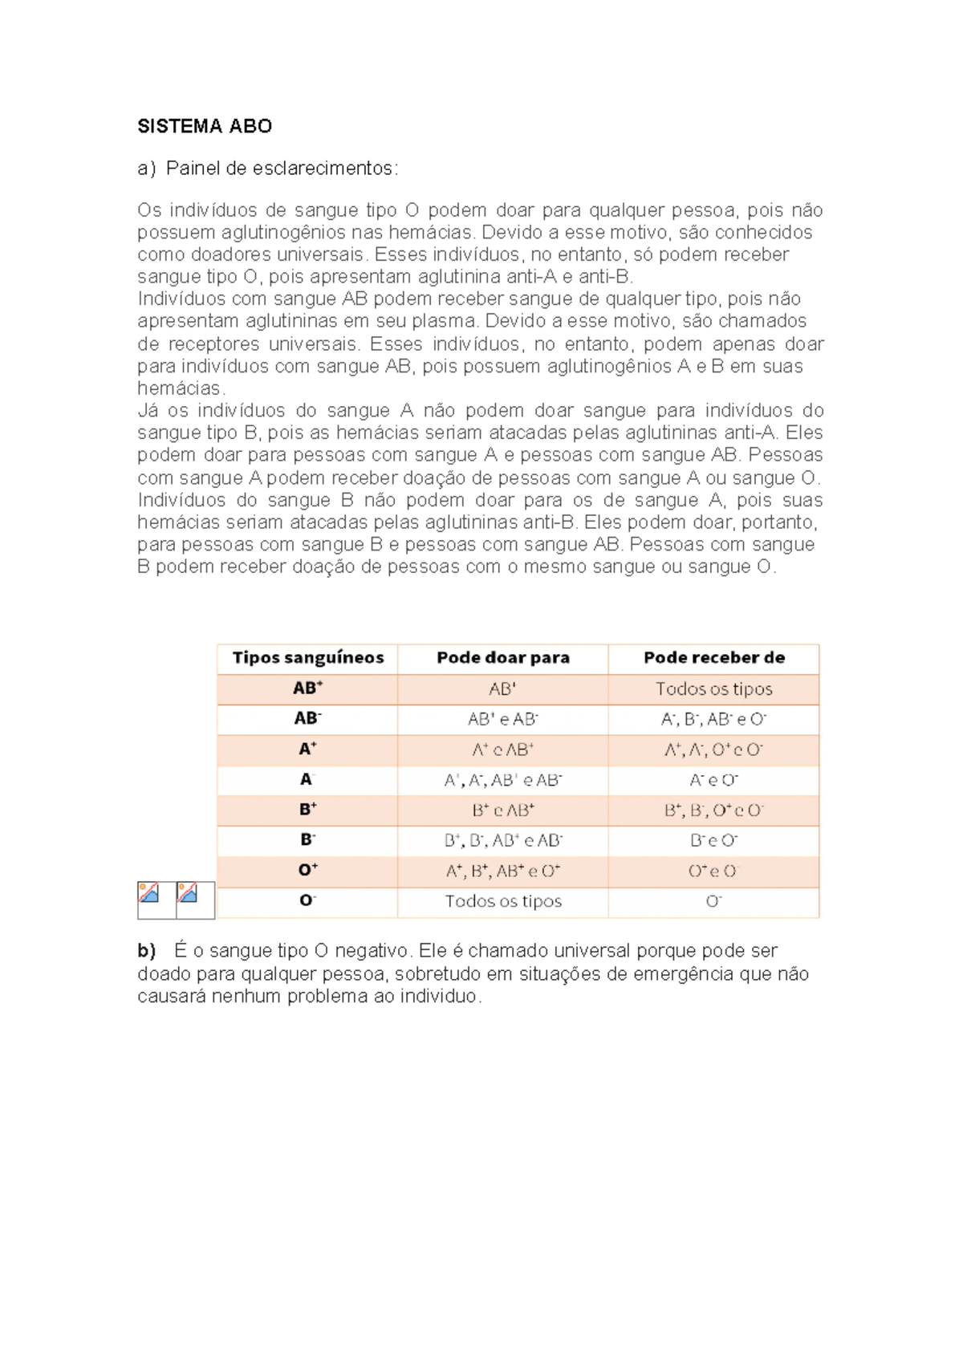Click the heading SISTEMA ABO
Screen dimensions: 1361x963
(205, 126)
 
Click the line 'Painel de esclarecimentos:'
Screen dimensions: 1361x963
(281, 169)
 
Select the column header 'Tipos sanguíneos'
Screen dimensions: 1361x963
(308, 658)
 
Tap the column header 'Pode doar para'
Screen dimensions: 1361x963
(503, 658)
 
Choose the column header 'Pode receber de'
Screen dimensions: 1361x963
(714, 658)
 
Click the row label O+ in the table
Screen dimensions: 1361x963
(308, 870)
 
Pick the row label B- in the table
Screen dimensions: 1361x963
(308, 839)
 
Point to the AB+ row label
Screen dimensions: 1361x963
(308, 689)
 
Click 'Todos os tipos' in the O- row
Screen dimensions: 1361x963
(503, 901)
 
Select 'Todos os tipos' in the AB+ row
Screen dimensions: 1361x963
(714, 689)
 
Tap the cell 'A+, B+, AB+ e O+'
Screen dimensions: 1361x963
(503, 871)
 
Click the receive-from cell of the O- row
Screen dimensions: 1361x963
(714, 901)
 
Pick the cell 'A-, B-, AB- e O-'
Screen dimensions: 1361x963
(714, 719)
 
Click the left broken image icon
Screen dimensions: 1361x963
(149, 893)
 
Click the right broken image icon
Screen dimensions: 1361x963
(188, 893)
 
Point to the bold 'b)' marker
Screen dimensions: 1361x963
(146, 951)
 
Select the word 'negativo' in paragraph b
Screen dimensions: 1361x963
(373, 951)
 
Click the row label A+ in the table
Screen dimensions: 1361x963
(308, 749)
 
